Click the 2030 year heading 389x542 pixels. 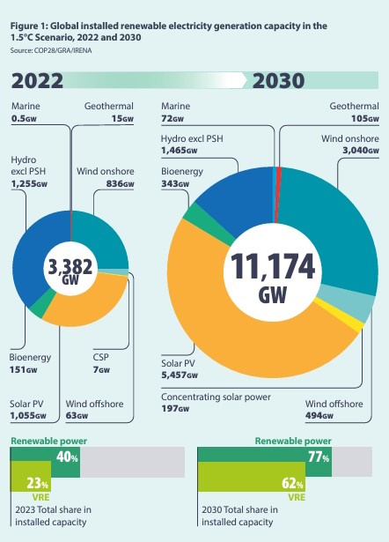click(278, 81)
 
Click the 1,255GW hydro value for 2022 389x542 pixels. click(30, 184)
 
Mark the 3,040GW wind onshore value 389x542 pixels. click(356, 151)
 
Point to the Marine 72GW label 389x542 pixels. click(175, 112)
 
